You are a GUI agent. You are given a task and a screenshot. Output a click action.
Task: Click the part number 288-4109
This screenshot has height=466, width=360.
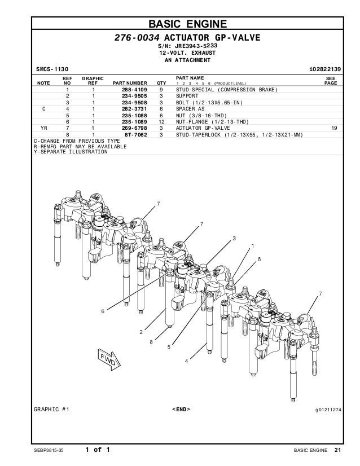135,90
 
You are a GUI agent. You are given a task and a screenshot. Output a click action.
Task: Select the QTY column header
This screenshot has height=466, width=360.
161,82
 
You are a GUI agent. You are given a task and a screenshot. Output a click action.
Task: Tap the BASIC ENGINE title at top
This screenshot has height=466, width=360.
187,24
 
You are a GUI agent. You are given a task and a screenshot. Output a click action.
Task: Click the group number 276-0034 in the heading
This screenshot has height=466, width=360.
134,38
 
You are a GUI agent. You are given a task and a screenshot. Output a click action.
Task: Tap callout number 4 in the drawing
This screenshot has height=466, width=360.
186,361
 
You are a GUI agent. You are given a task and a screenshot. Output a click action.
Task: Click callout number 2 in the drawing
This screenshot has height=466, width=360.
141,331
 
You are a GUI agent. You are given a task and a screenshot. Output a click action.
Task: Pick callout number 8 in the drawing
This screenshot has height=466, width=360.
151,341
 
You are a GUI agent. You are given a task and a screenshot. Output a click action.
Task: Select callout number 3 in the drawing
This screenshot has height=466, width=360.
233,239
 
